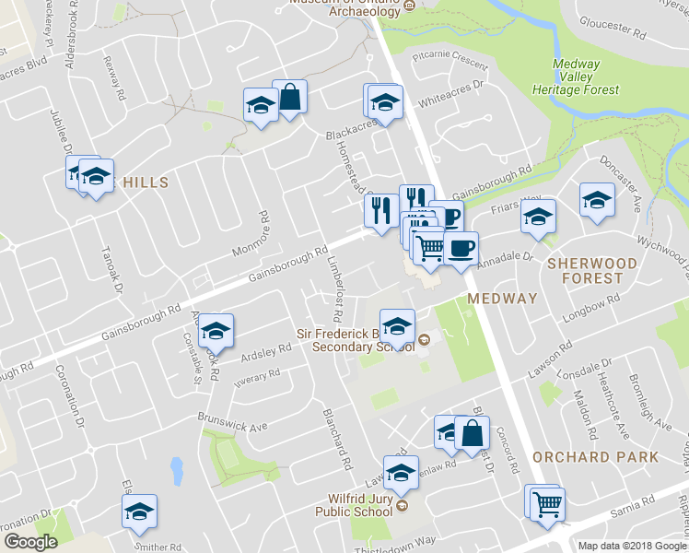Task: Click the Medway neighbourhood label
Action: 501,299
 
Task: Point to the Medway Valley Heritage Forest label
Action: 575,76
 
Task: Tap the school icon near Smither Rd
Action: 140,512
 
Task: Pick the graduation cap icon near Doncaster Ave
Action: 597,200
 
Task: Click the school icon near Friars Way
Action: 538,217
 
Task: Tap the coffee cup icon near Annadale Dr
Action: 460,247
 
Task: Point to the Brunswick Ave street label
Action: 231,420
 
